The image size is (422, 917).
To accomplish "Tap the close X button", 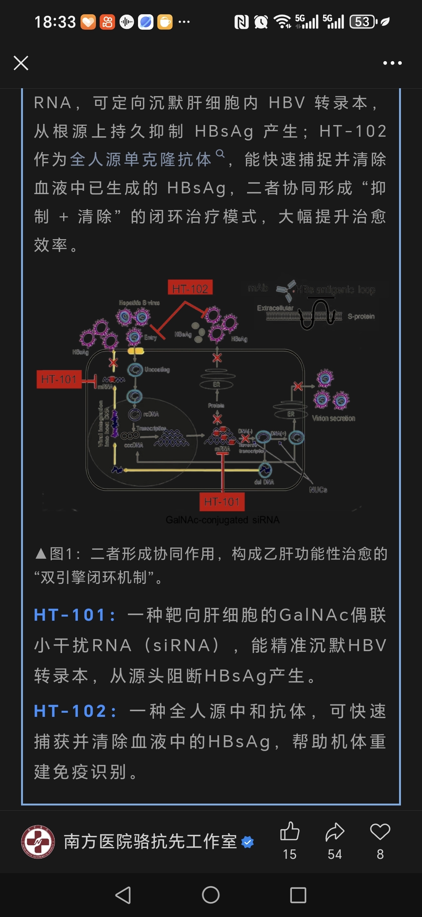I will (x=21, y=63).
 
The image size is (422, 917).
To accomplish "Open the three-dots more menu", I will (x=392, y=63).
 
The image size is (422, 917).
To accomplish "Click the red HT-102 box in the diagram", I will (x=190, y=288).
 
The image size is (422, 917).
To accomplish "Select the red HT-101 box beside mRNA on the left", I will (x=59, y=379).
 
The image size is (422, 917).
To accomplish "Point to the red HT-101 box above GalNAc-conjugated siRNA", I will (x=222, y=502).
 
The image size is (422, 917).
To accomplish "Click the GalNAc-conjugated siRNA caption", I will (x=223, y=520).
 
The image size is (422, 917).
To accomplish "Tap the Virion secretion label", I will (x=333, y=418).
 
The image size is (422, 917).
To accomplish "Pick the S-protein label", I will (x=361, y=317).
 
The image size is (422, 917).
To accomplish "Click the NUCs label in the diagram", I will (x=318, y=490).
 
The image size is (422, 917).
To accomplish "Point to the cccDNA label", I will (x=134, y=445).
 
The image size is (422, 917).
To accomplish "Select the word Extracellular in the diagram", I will (x=275, y=308).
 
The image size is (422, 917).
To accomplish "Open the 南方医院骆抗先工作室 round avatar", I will (x=38, y=842).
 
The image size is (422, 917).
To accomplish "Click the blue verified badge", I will (x=247, y=842).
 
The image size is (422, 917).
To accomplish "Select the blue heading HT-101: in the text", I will (x=74, y=615).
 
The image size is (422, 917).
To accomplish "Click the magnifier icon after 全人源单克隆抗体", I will (x=220, y=154).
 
